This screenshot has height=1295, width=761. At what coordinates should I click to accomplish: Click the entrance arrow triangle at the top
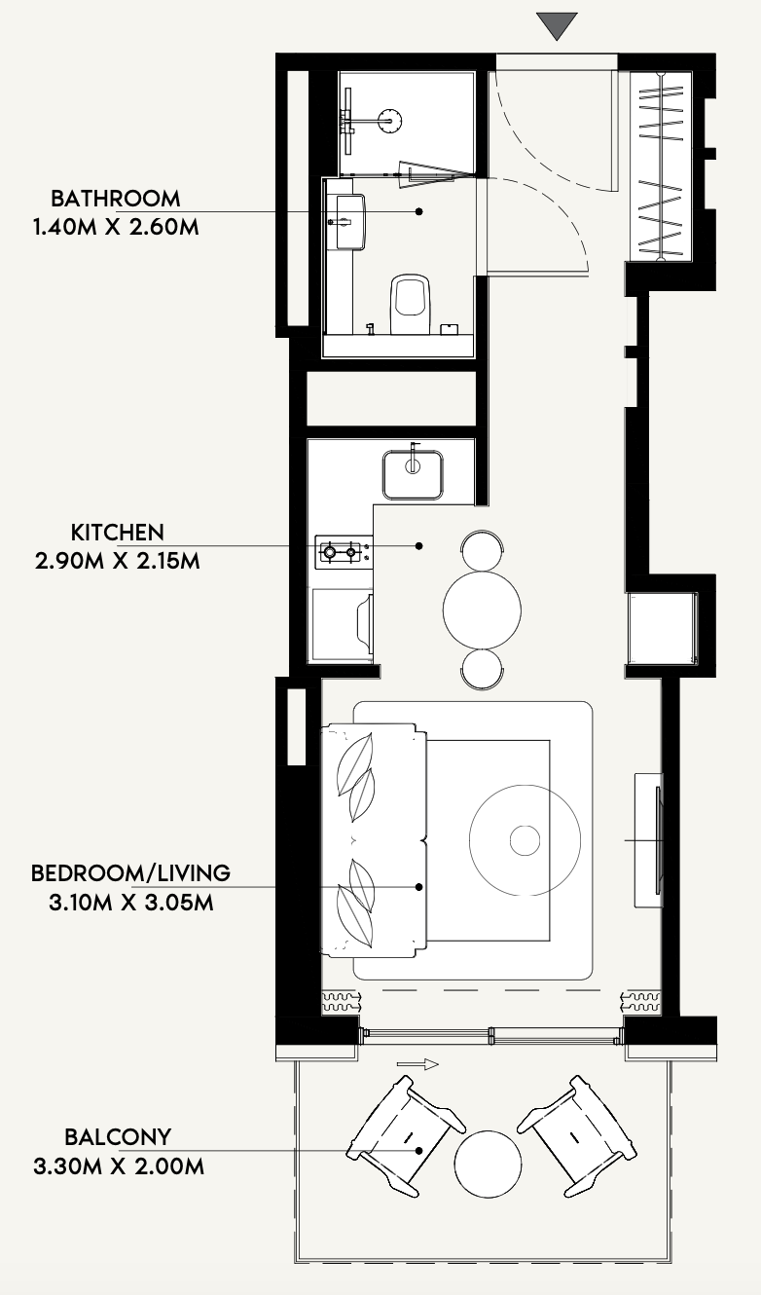(557, 25)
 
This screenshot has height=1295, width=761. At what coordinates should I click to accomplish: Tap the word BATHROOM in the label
(116, 199)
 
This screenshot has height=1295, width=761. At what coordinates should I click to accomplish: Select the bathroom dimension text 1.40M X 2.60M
(116, 227)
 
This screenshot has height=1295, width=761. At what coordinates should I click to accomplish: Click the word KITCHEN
(118, 533)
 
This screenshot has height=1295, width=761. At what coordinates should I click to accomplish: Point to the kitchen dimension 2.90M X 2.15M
(118, 561)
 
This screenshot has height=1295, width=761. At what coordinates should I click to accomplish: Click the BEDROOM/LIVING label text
(130, 873)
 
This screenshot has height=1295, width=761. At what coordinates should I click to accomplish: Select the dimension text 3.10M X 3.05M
(131, 902)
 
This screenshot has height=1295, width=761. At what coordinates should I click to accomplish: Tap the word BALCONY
(118, 1137)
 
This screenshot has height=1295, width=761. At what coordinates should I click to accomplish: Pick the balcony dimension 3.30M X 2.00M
(119, 1165)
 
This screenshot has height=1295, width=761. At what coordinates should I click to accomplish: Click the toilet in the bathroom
(411, 303)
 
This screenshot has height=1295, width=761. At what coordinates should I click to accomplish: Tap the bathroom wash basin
(349, 223)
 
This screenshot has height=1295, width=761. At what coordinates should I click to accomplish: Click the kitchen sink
(413, 475)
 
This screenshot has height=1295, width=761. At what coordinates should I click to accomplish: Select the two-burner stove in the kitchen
(344, 552)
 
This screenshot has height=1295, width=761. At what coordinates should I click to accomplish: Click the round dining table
(482, 610)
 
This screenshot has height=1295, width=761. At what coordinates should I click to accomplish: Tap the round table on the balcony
(488, 1164)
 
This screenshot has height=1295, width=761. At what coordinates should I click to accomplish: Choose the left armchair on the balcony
(406, 1135)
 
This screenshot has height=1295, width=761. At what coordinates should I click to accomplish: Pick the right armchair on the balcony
(577, 1135)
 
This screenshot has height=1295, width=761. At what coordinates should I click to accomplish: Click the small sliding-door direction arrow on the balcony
(417, 1063)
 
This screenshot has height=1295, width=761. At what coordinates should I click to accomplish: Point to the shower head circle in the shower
(390, 121)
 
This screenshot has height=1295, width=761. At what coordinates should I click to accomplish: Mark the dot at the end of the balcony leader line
(419, 1151)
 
